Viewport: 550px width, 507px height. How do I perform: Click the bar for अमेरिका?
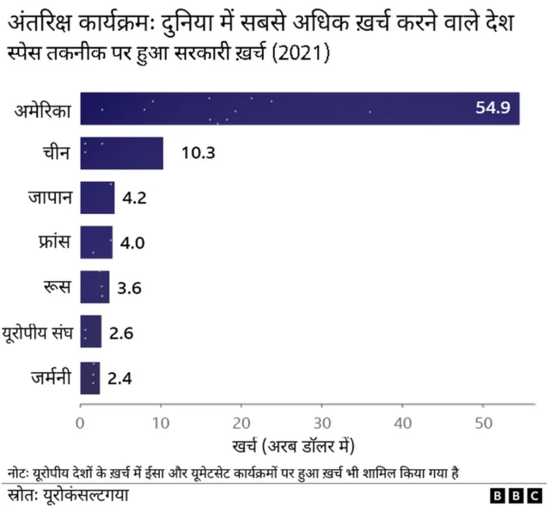[x=299, y=108]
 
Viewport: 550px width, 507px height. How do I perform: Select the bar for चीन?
[x=121, y=153]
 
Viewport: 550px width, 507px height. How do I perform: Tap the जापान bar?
[x=97, y=198]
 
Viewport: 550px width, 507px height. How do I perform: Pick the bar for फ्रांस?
[x=96, y=242]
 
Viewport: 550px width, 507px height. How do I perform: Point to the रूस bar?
[x=95, y=287]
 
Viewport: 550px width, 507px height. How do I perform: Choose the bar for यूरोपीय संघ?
[x=90, y=332]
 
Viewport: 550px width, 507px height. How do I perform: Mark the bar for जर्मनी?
[x=89, y=376]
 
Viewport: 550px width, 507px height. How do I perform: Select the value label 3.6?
[x=129, y=287]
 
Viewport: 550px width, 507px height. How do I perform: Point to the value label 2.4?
[x=119, y=376]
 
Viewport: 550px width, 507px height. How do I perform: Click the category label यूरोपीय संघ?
[x=40, y=332]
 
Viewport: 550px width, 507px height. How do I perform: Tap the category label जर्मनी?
[x=51, y=376]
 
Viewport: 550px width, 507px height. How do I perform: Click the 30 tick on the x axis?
[x=321, y=422]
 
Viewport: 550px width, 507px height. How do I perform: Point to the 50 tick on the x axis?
[x=482, y=422]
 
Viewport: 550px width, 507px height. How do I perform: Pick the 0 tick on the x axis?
[x=80, y=422]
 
